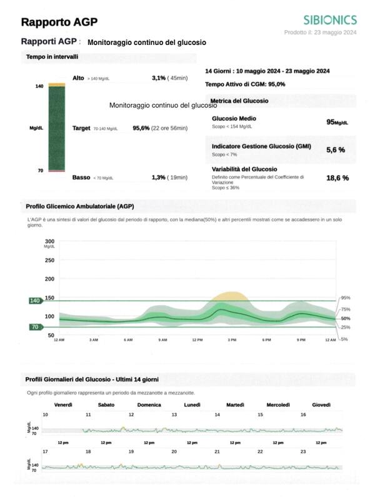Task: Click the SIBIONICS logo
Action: (x=329, y=20)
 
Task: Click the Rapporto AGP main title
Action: (x=59, y=23)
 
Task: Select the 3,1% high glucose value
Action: (x=159, y=78)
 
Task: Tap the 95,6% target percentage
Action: (x=141, y=128)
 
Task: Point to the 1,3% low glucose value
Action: (x=158, y=178)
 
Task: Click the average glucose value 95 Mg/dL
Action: (x=336, y=122)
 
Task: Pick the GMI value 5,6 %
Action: (x=336, y=150)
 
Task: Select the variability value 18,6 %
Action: (x=337, y=178)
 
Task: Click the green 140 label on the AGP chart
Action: (x=34, y=301)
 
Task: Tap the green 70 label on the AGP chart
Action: (x=36, y=326)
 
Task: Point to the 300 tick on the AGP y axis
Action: (x=50, y=241)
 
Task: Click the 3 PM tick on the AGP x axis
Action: (x=232, y=339)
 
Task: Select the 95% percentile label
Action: (x=344, y=298)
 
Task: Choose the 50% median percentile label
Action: (x=344, y=319)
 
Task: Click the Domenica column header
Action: (x=149, y=404)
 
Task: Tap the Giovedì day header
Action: (x=321, y=404)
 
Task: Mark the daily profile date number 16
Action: (x=303, y=414)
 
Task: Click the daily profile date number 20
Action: (x=174, y=451)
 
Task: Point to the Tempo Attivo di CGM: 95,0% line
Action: (x=245, y=84)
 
